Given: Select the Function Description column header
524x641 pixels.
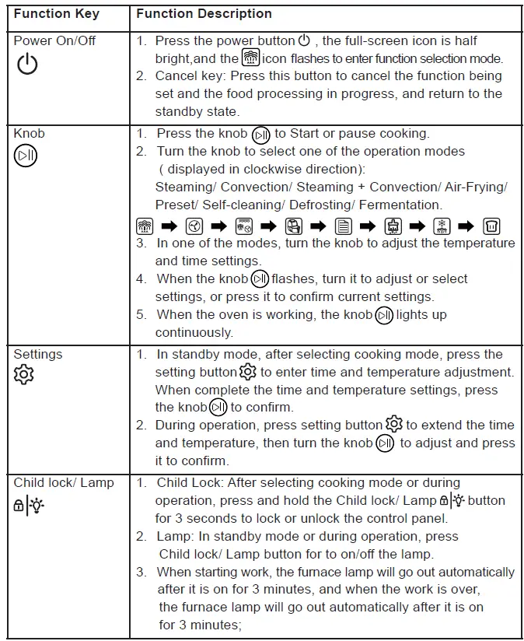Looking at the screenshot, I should click(204, 14).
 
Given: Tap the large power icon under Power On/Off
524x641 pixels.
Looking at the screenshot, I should click(27, 65).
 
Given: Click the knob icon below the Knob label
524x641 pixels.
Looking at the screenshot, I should click(25, 156).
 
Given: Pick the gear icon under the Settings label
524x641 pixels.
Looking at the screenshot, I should click(24, 375).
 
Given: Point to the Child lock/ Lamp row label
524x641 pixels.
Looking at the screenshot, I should click(64, 483).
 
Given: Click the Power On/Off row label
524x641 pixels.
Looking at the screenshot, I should click(54, 40).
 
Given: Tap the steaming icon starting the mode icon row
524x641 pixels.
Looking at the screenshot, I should click(144, 226).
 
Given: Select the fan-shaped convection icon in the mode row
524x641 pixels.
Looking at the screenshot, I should click(194, 226).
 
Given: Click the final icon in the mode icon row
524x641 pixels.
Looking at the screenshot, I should click(491, 226).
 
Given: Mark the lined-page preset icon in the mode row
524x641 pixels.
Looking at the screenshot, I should click(344, 226).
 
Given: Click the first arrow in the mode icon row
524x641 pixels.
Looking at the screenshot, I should click(169, 226).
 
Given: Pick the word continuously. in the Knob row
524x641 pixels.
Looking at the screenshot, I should click(194, 333).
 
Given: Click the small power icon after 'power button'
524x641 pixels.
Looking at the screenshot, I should click(304, 40).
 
